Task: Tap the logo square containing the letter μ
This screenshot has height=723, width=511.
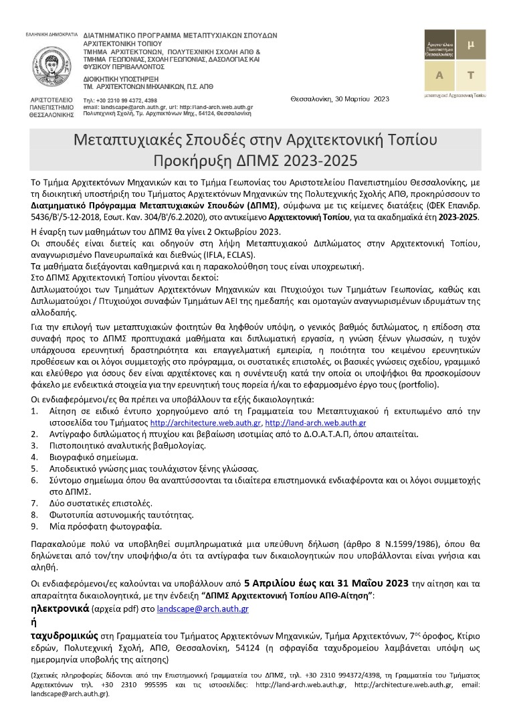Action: click(x=471, y=45)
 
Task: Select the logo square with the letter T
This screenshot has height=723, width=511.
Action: click(x=471, y=75)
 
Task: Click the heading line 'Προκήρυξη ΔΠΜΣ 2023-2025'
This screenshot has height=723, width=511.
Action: click(x=255, y=161)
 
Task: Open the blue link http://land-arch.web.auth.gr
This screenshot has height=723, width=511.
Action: click(x=316, y=423)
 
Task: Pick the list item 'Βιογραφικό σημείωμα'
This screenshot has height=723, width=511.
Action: click(x=92, y=457)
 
